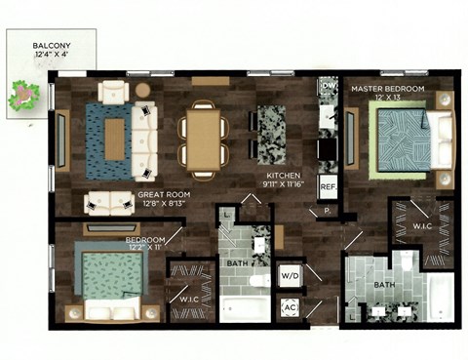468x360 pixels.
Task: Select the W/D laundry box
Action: [x=290, y=274]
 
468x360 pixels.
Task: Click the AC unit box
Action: [x=290, y=306]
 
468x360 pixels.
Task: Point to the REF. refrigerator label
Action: [x=328, y=186]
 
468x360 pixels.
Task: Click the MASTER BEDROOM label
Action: [x=387, y=89]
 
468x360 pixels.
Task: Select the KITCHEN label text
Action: [x=283, y=179]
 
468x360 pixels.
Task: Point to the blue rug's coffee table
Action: [x=115, y=139]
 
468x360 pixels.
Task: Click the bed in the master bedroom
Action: [x=409, y=140]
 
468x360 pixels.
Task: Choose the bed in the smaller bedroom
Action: [x=110, y=280]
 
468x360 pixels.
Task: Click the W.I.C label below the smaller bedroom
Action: [x=189, y=298]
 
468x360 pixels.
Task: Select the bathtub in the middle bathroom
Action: [x=244, y=309]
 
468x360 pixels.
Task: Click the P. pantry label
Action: [x=327, y=210]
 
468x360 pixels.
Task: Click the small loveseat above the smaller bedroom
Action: [x=109, y=202]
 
